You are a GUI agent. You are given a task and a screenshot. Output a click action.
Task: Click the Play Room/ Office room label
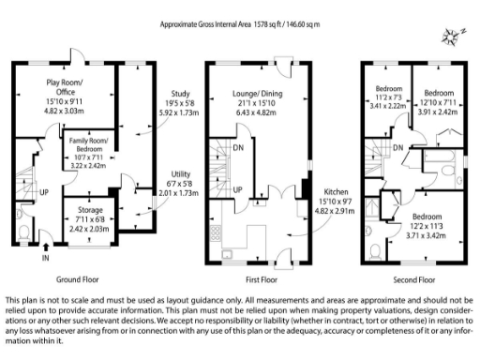[x=65, y=87]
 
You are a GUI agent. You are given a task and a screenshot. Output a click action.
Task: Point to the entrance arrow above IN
[x=46, y=247]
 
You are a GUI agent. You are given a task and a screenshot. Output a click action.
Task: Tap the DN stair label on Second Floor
[x=398, y=148]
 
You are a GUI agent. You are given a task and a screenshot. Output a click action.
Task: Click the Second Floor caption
[x=413, y=278]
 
